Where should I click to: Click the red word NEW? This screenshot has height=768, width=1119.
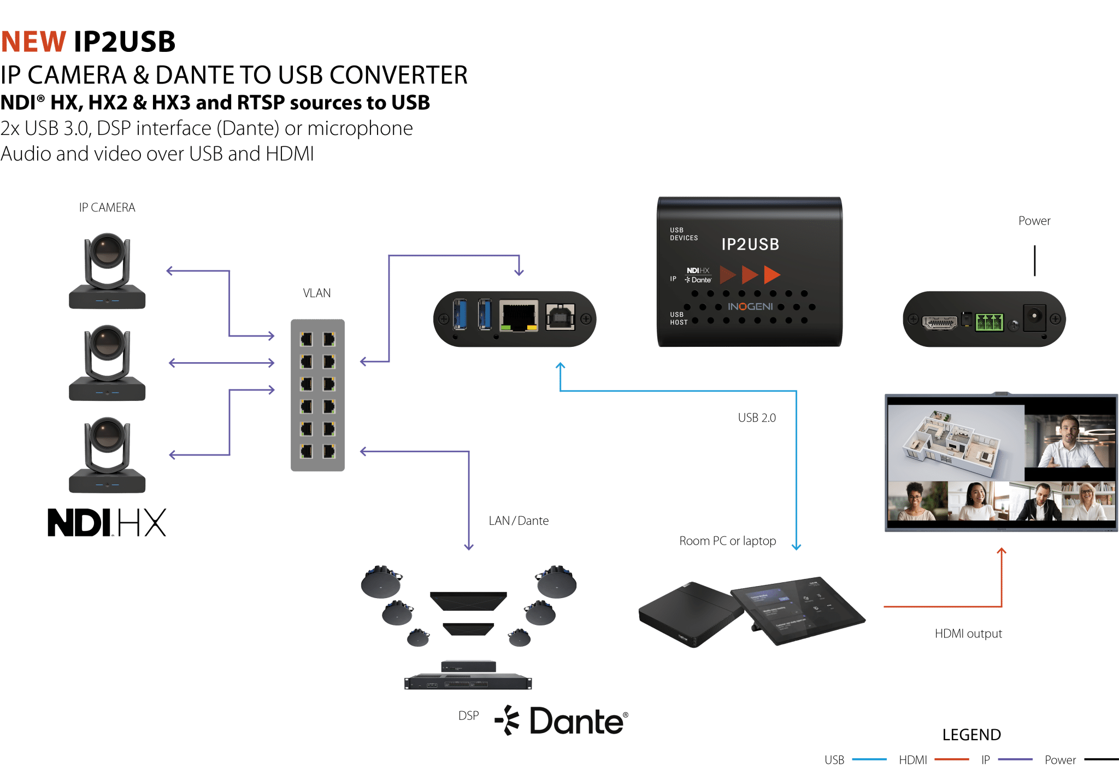coord(33,42)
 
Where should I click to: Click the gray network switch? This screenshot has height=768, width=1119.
coord(317,395)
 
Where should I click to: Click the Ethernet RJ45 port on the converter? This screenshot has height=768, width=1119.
coord(519,316)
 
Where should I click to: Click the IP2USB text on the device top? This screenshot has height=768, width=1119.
coord(750,245)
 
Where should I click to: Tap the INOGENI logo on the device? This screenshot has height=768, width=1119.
coord(750,307)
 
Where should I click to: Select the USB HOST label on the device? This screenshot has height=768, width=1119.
coord(678,318)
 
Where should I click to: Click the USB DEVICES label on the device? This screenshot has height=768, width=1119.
coord(684,234)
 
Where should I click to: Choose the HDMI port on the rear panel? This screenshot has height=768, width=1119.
coord(939,322)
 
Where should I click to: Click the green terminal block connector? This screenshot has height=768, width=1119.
coord(990,322)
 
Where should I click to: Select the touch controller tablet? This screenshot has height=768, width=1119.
coord(798,609)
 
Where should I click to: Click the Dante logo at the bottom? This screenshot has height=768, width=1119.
coord(563,721)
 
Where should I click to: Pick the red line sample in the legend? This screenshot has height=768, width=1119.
coord(951,759)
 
